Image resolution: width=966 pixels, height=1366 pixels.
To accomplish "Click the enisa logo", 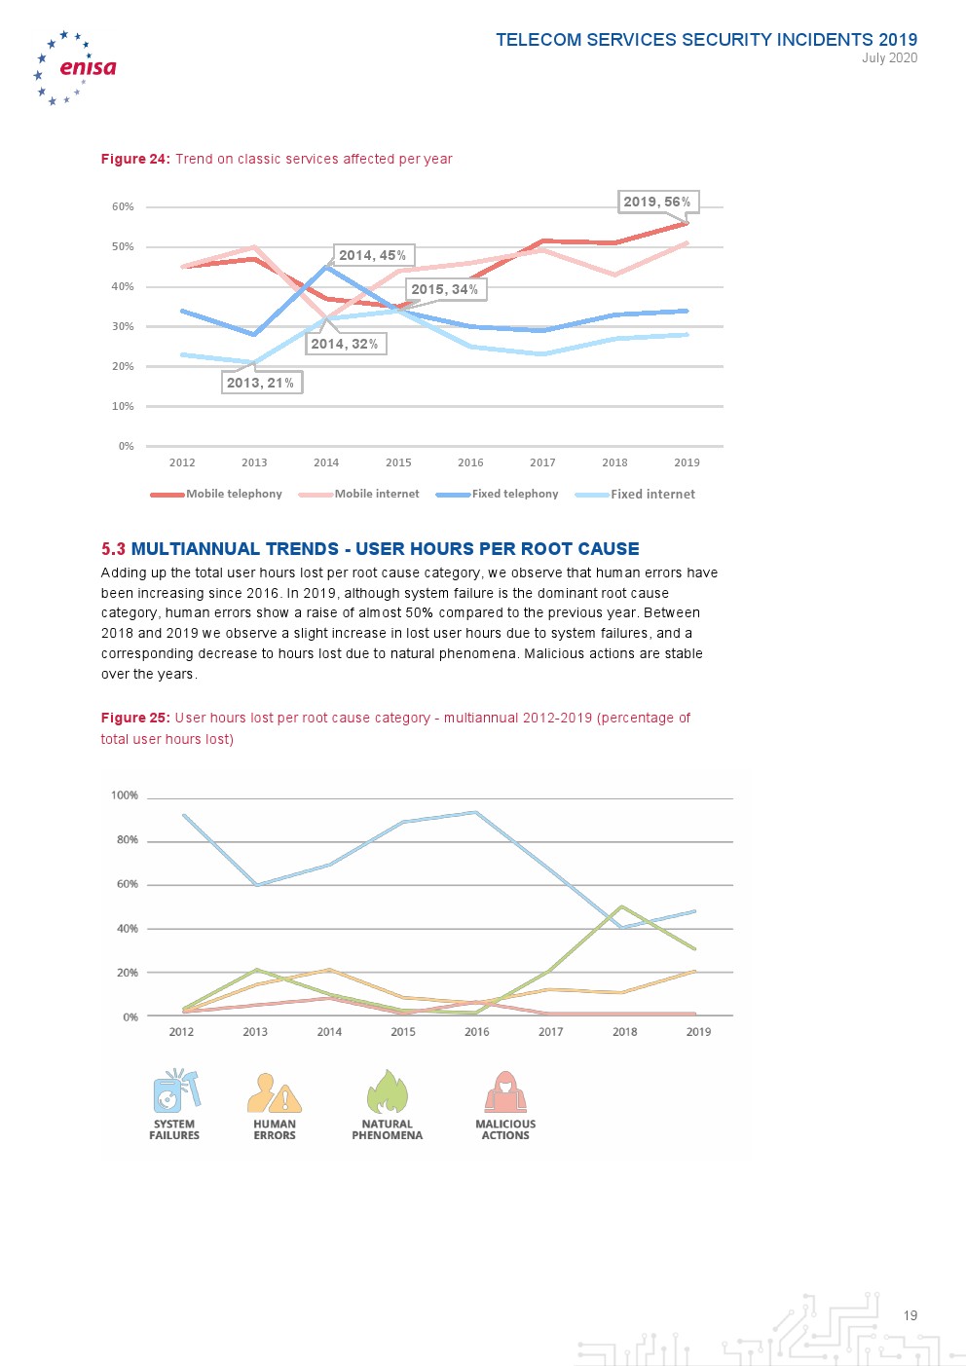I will [x=76, y=67].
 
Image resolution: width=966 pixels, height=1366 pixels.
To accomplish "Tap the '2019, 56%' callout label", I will [x=657, y=202].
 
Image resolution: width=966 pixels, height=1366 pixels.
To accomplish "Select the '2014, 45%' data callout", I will [x=373, y=255].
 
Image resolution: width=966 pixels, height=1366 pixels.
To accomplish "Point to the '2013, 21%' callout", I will [x=261, y=383].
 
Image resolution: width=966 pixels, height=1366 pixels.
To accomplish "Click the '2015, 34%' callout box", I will [x=445, y=289].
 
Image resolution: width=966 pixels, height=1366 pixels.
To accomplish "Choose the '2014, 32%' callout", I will [x=345, y=344].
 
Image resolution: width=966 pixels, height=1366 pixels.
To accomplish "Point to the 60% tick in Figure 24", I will [x=123, y=206].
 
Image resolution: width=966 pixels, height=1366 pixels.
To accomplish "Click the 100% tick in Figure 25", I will [x=125, y=795].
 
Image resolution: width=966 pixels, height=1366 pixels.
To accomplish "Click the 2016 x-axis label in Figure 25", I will [x=477, y=1032].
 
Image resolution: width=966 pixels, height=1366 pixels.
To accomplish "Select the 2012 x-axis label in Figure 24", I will [x=182, y=462].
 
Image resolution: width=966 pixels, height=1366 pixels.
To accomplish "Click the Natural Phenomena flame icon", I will [x=387, y=1091].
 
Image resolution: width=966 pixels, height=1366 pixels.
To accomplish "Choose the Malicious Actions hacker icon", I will [x=505, y=1092].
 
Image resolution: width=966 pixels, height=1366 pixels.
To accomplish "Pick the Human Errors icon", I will [x=274, y=1092].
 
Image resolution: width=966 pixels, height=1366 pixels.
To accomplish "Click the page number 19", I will [x=910, y=1315].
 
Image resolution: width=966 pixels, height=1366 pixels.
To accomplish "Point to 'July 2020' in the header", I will [x=889, y=58].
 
